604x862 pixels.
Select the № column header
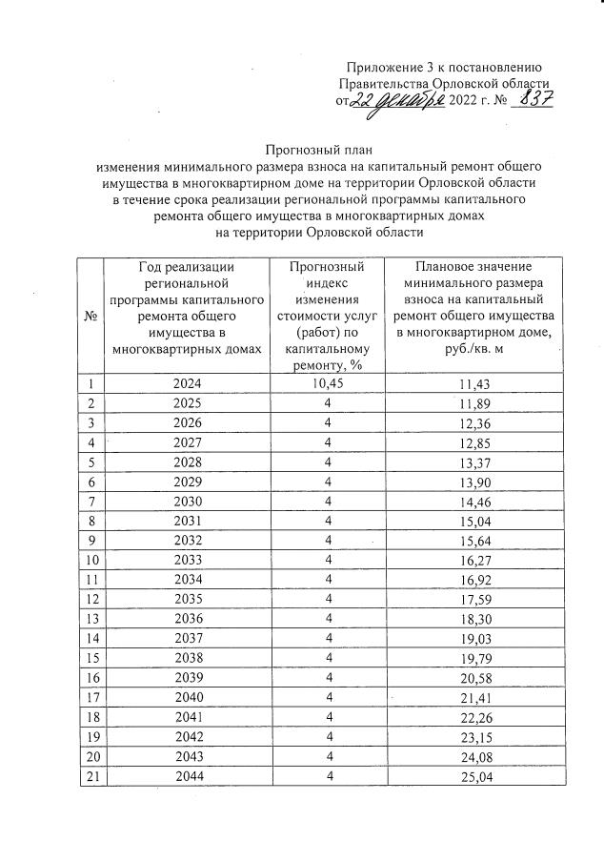click(91, 316)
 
